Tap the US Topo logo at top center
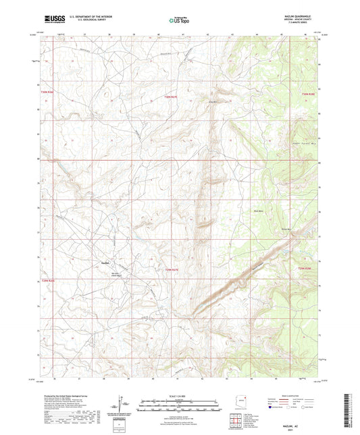180,20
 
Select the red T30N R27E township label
172,97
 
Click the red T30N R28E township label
308,94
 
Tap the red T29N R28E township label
305,267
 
